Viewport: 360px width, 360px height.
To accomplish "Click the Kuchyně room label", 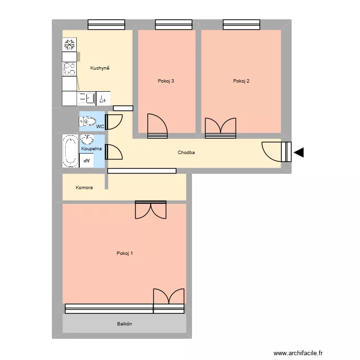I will (x=100, y=68).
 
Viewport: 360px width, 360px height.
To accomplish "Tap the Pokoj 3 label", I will (x=166, y=81).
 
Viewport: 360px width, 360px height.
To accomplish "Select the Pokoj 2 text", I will (x=241, y=81).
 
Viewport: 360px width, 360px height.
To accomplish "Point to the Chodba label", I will (x=186, y=153).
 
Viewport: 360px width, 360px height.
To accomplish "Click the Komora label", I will (x=84, y=188).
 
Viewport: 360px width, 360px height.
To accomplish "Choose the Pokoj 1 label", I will (x=125, y=253).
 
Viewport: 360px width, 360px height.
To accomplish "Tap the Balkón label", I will (x=124, y=324).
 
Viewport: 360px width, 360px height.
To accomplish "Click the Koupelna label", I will (x=91, y=149).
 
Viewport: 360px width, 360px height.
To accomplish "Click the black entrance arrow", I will (x=299, y=153).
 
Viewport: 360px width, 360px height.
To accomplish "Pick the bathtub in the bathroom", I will (x=70, y=151).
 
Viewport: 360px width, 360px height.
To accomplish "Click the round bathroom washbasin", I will (x=87, y=140).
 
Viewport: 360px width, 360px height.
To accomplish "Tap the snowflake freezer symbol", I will (x=70, y=45).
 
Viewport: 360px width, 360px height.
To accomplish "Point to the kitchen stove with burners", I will (x=70, y=69).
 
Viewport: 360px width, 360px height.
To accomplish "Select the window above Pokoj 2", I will (x=241, y=24).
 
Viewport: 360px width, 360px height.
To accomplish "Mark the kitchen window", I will (x=106, y=24).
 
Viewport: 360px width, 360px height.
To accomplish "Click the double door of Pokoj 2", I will (x=221, y=128).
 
